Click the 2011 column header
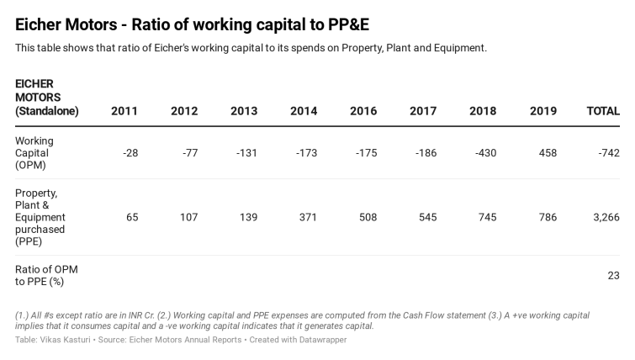pos(124,111)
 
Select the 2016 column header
pos(363,111)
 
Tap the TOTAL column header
pos(602,111)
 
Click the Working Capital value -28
pos(130,153)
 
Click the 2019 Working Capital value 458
pos(547,153)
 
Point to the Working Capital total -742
pos(606,153)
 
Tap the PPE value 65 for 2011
pos(132,217)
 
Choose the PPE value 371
pos(308,217)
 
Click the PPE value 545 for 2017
pos(427,217)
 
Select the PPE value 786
pos(547,217)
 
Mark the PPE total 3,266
pos(606,217)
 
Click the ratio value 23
pos(613,275)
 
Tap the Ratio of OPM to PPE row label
pos(46,275)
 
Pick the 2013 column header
pos(244,111)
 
